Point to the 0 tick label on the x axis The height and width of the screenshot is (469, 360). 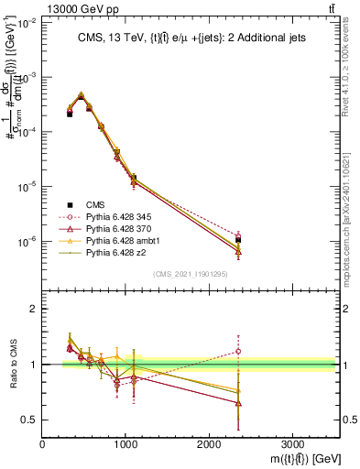pyautogui.click(x=42, y=442)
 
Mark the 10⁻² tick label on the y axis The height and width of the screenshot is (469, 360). pyautogui.click(x=28, y=24)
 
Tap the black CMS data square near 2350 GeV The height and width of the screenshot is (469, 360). pyautogui.click(x=238, y=240)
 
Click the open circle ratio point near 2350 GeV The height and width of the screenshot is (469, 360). pyautogui.click(x=238, y=351)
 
